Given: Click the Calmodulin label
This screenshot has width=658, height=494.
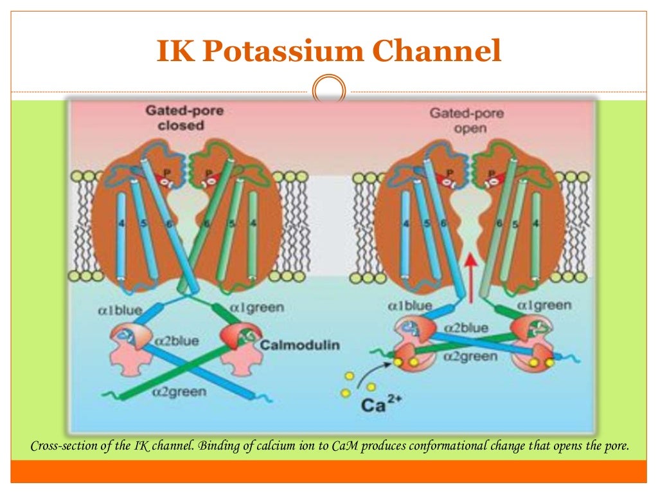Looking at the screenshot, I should click(299, 345).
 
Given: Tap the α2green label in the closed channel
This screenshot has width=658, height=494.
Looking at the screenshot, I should click(180, 390).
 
